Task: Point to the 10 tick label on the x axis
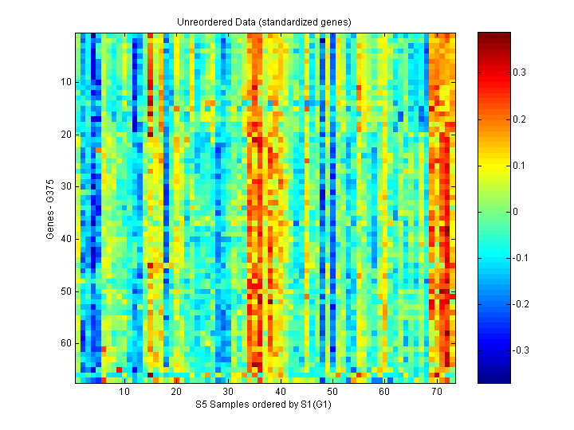[x=124, y=392]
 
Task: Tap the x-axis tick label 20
[x=176, y=392]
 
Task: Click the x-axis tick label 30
[x=228, y=392]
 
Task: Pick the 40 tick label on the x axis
[x=281, y=392]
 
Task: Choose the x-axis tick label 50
[x=332, y=392]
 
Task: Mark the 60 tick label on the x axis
[x=384, y=392]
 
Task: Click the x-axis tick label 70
[x=436, y=392]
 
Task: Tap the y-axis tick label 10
[x=66, y=81]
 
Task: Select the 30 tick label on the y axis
[x=66, y=186]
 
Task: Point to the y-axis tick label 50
[x=66, y=291]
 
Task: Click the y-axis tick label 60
[x=66, y=343]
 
